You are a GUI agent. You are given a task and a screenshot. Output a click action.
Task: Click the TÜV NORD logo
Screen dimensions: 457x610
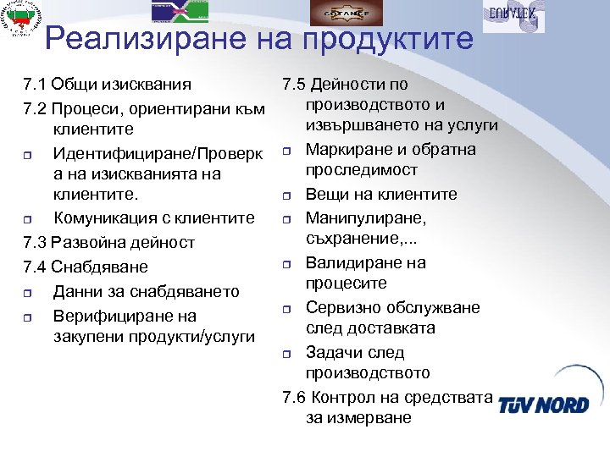[x=543, y=405]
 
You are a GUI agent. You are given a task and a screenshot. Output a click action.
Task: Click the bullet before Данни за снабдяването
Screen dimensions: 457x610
[x=28, y=293]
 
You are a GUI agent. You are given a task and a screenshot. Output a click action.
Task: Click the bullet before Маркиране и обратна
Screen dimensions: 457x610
[x=288, y=151]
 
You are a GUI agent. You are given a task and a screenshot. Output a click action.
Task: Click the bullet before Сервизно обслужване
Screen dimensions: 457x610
[x=288, y=309]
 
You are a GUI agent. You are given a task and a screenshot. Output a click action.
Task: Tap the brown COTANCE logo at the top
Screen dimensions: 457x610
[x=345, y=13]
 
